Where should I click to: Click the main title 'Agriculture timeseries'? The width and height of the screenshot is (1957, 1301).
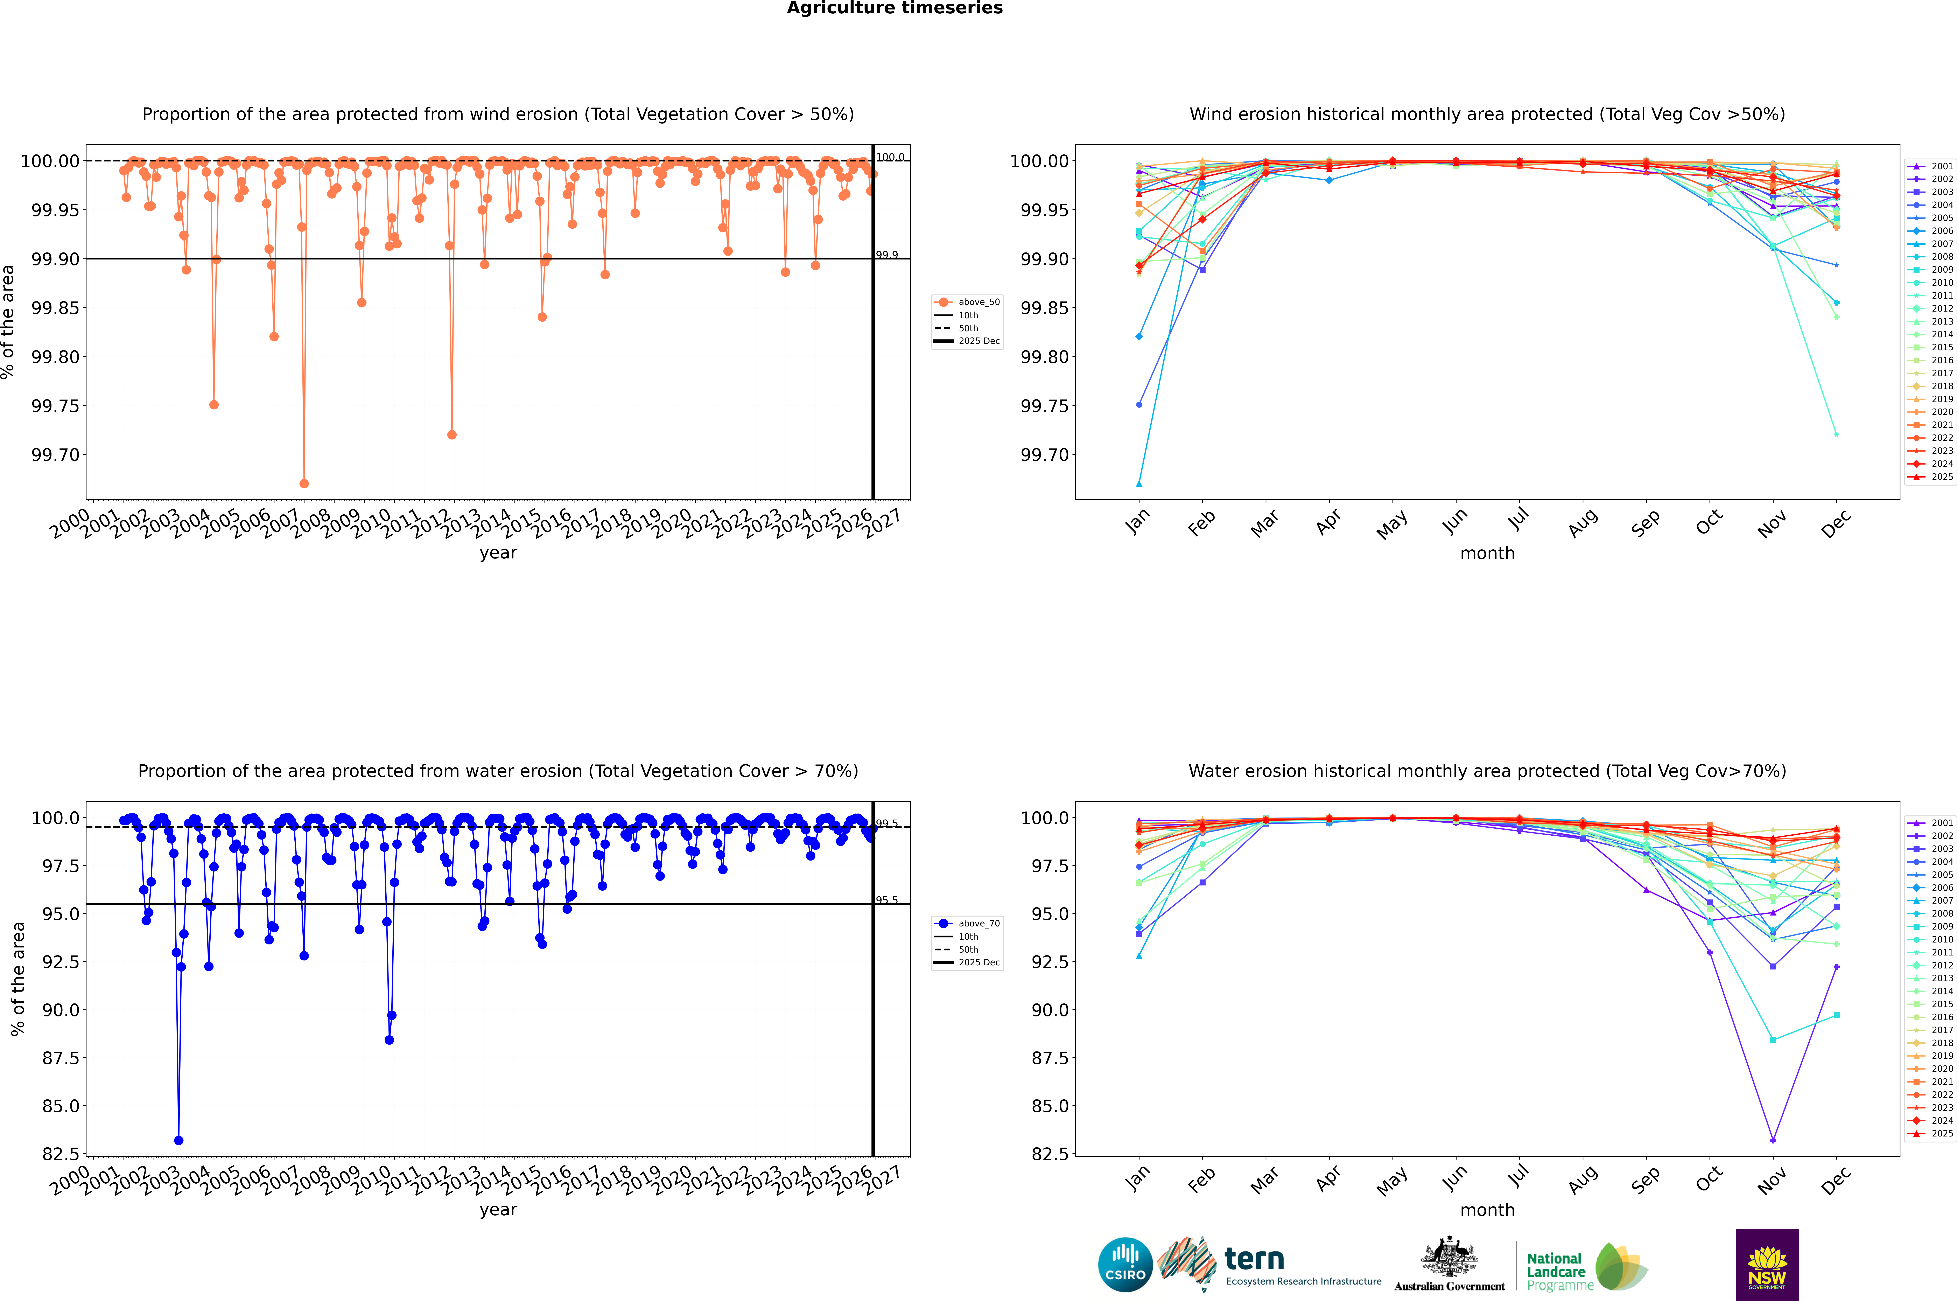tap(894, 8)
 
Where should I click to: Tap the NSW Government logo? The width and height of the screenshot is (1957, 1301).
tap(1767, 1265)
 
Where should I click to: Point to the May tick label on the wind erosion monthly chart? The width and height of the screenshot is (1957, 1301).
tap(1392, 524)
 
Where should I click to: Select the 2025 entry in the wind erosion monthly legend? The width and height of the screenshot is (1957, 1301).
tap(1941, 477)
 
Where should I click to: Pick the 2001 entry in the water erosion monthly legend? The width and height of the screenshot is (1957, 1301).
tap(1941, 823)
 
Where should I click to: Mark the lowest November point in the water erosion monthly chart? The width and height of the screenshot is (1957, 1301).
tap(1773, 1140)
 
